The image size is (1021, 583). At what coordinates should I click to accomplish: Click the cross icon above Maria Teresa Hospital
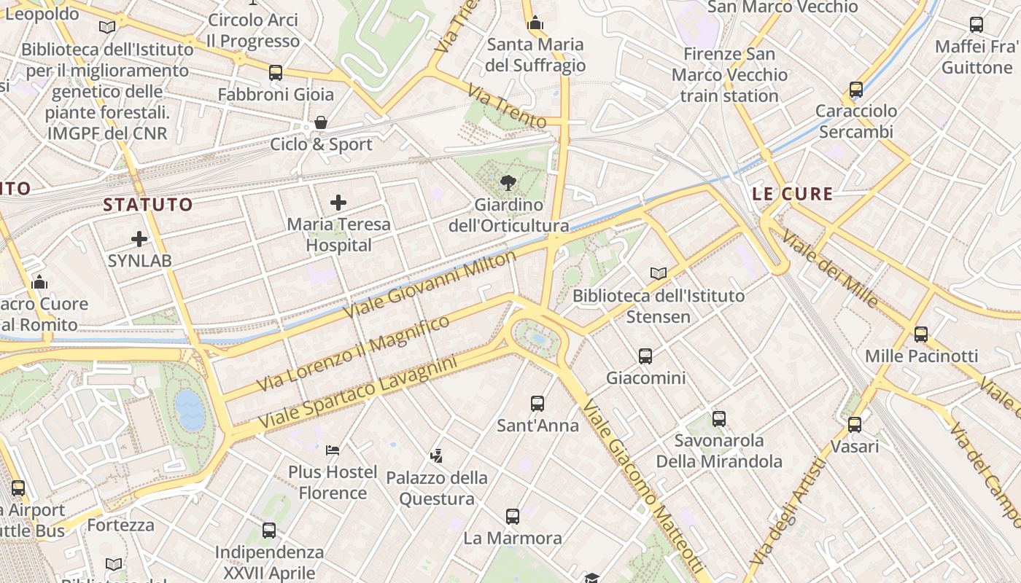coord(338,203)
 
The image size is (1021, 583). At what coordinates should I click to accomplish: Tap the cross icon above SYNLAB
coord(139,239)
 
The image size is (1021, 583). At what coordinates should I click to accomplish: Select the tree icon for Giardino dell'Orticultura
coord(508,183)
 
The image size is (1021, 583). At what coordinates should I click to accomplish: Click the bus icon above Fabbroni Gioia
coord(275,73)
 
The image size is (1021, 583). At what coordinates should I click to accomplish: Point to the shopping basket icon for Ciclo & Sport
coord(320,122)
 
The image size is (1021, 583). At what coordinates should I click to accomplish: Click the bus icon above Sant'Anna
coord(537,404)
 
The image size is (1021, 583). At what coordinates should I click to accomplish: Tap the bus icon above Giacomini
coord(645,356)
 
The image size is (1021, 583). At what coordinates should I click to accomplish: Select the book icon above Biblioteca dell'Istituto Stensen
coord(659,273)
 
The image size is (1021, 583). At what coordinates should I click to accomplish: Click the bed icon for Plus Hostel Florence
coord(333,450)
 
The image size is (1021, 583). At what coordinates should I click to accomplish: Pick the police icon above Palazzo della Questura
coord(436,456)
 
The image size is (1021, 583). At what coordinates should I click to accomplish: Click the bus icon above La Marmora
coord(513,517)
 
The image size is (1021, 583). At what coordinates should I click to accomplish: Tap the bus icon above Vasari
coord(854,424)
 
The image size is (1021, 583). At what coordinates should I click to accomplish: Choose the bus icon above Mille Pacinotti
coord(921,334)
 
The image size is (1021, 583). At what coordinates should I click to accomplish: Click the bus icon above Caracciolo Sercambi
coord(856,90)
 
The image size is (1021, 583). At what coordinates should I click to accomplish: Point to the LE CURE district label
coord(792,194)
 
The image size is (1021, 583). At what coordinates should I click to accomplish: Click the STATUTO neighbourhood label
coord(148,205)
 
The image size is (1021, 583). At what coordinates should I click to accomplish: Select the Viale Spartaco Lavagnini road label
coord(357,392)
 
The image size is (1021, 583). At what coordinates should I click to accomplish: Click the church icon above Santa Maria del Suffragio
coord(535,23)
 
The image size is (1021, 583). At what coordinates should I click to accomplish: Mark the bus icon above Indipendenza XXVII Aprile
coord(269,531)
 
